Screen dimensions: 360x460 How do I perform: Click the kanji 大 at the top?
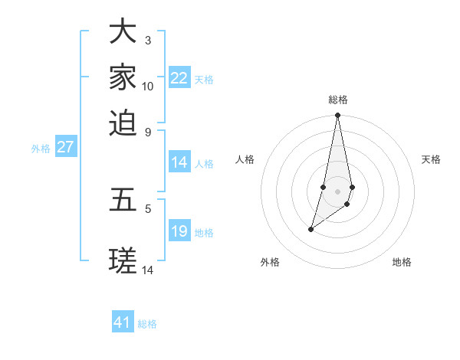coord(123,32)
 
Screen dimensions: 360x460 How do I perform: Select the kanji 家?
coord(123,77)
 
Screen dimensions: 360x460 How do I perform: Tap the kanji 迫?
coord(123,122)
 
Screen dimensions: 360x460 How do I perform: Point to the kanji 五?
coord(123,201)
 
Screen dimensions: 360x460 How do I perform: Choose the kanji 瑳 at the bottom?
coord(123,261)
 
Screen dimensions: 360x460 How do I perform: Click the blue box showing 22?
coord(179,78)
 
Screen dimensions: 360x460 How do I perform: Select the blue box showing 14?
coord(179,162)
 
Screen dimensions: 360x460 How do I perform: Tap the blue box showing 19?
coord(179,231)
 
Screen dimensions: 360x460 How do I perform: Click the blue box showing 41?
coord(123,322)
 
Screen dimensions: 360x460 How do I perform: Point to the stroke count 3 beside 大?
coord(147,40)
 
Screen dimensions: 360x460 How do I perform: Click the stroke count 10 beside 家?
coord(148,86)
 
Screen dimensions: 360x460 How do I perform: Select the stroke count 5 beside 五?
coord(147,208)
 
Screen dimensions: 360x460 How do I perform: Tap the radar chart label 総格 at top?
coord(338,100)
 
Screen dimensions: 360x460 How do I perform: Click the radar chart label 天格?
coord(431,159)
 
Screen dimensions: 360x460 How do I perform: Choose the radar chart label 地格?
coord(402,262)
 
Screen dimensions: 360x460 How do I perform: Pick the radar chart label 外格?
coord(270,262)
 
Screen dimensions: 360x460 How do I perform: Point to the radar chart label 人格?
coord(245,159)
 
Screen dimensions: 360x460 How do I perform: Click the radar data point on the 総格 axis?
coord(338,116)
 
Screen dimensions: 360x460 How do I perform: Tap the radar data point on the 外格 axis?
coord(310,229)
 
